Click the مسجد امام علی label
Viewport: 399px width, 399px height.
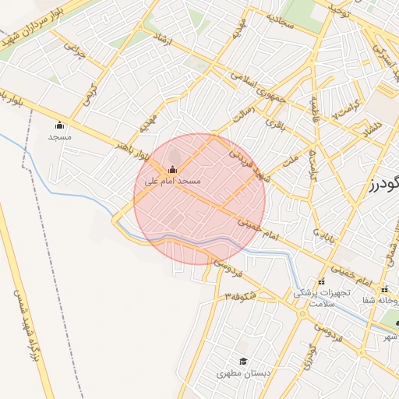(173, 181)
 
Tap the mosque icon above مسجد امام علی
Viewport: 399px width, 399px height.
(172, 169)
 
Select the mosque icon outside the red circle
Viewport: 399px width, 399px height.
(60, 125)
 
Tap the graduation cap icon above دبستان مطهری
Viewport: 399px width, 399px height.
(243, 362)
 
